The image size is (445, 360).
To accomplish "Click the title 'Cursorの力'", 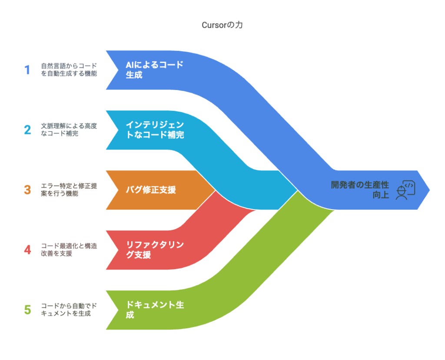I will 222,25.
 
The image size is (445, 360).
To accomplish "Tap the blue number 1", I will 27,70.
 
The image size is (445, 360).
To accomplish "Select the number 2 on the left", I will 27,130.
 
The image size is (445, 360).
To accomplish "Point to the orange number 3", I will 27,190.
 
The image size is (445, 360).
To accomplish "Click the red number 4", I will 27,250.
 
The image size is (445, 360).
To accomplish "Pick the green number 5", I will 27,310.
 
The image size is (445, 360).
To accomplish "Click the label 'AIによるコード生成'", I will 154,70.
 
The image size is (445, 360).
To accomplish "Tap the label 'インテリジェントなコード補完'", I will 155,130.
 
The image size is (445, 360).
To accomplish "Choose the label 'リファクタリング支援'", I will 154,250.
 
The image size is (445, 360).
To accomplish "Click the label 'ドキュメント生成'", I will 154,310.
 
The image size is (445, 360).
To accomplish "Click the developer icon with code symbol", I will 405,190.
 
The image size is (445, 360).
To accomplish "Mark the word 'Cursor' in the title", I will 213,25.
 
